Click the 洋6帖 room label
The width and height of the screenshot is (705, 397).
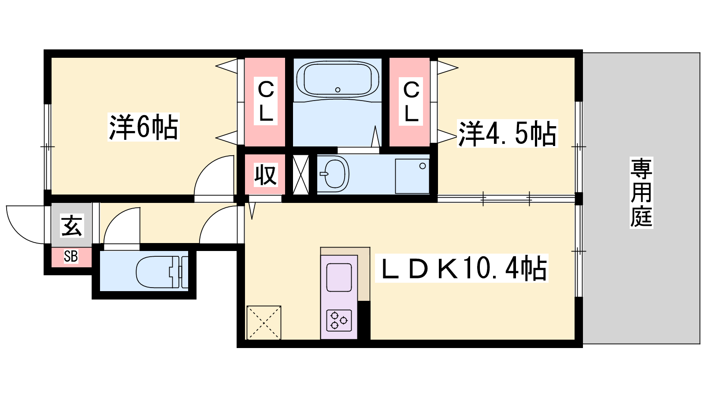tap(144, 127)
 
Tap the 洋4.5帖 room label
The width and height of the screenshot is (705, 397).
tap(507, 134)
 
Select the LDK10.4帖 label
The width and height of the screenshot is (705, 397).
tap(462, 268)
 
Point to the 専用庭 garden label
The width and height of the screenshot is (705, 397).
tap(641, 192)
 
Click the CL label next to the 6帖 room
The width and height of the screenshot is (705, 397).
tap(266, 101)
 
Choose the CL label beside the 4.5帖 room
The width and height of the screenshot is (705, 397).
tap(411, 101)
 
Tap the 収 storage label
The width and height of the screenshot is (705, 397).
tap(266, 175)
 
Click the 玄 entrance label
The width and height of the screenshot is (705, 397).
tap(72, 225)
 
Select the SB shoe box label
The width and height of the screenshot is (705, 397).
tap(71, 256)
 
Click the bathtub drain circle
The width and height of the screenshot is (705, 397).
tap(338, 90)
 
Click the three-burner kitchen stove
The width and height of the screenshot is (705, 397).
tap(339, 321)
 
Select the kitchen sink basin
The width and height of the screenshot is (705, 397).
tap(339, 277)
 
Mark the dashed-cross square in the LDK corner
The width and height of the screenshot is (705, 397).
tap(264, 322)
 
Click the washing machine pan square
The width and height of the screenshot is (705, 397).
tap(412, 176)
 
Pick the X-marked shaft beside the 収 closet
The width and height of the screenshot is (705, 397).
tap(301, 174)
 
